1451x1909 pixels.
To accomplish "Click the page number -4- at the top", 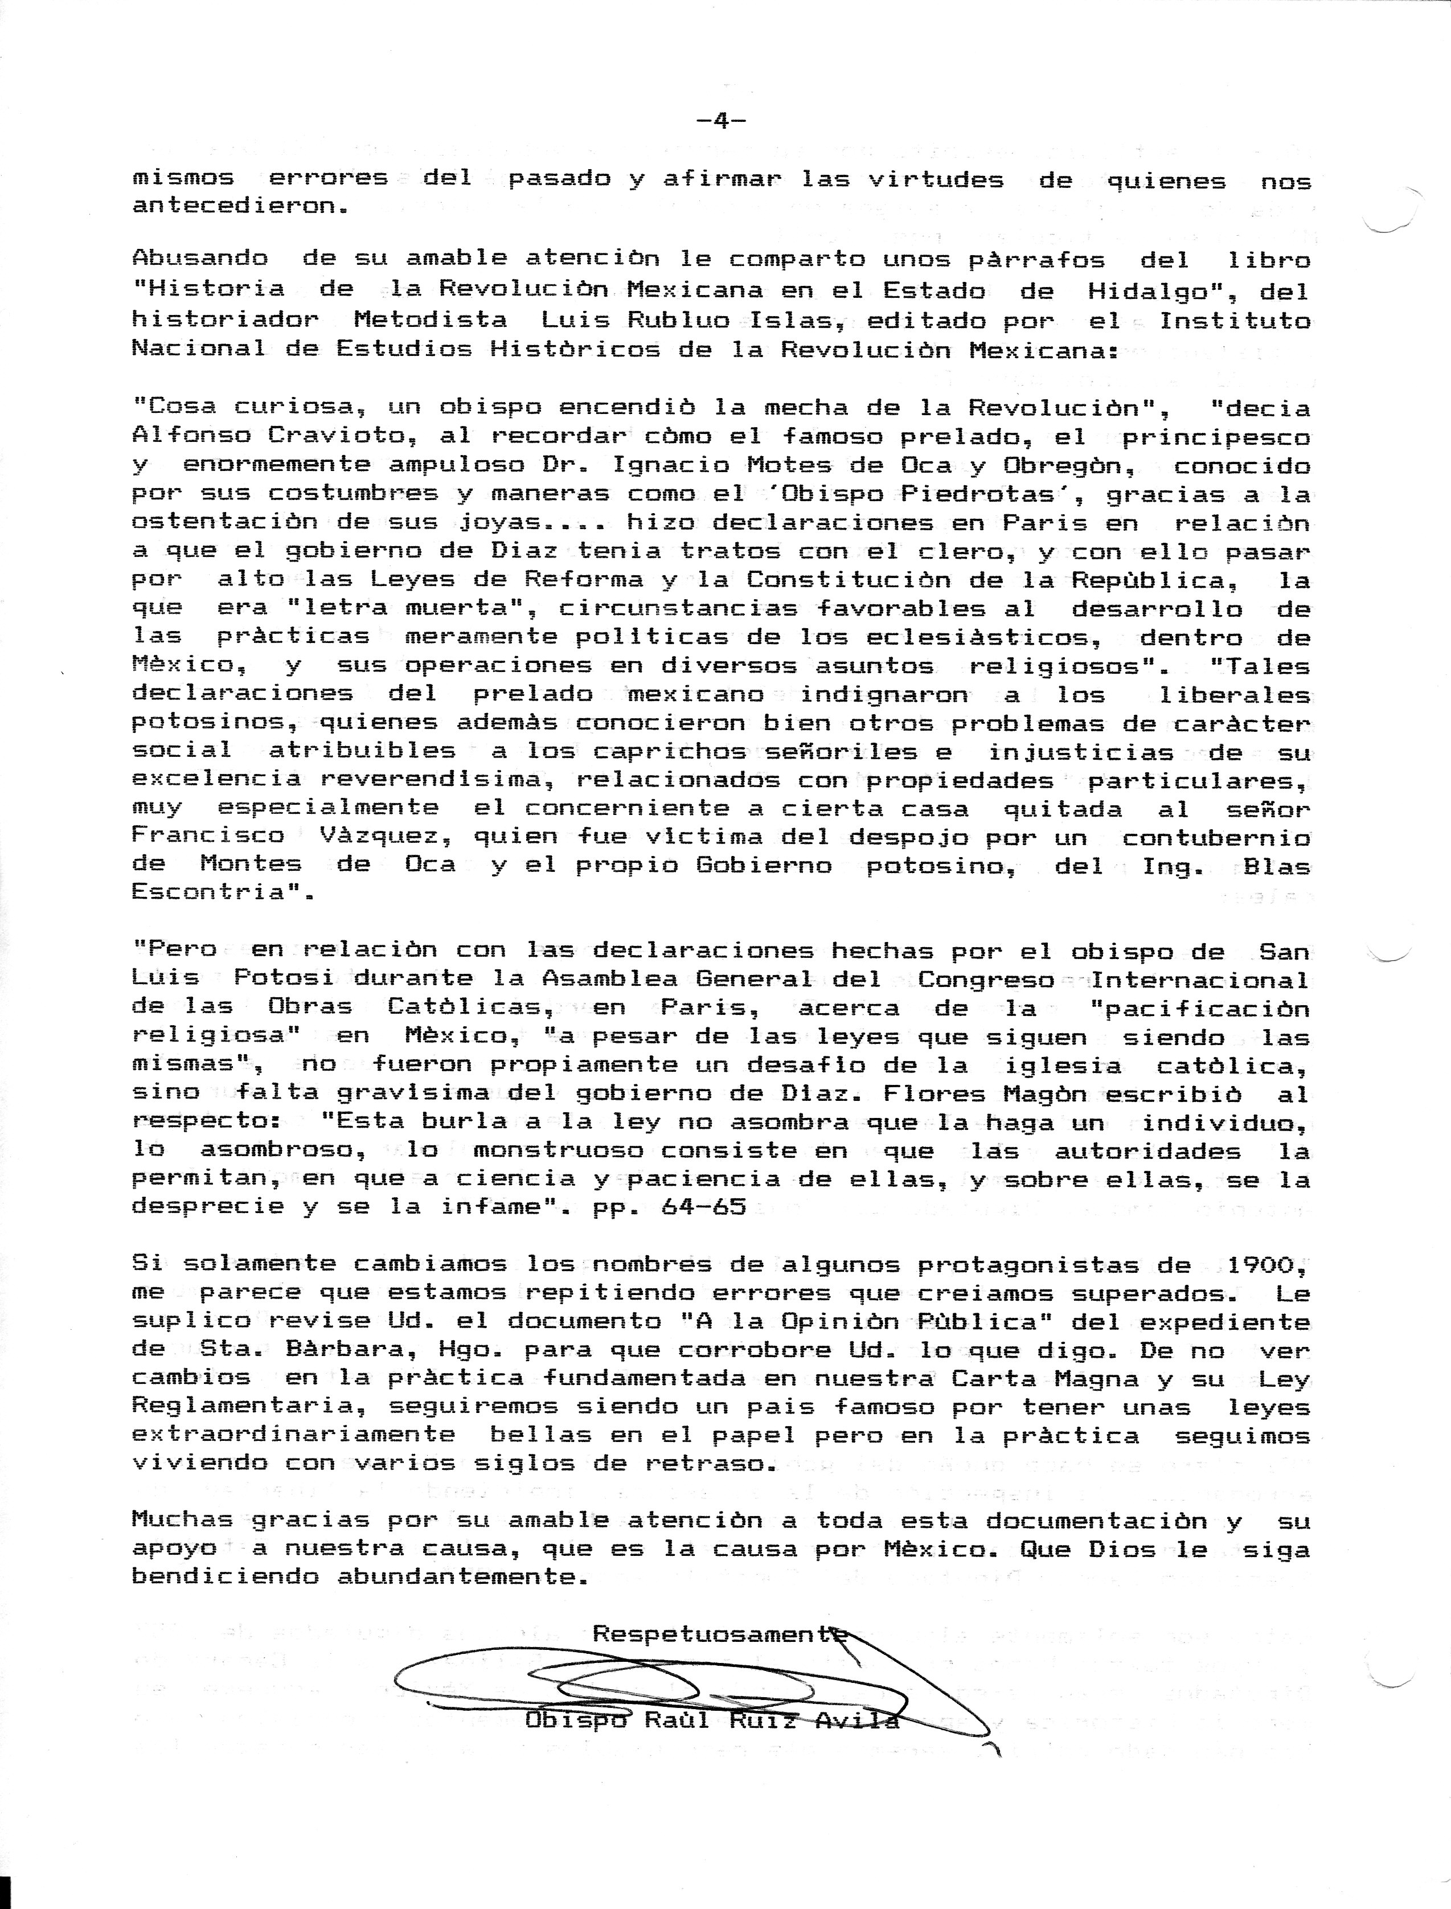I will point(721,121).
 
